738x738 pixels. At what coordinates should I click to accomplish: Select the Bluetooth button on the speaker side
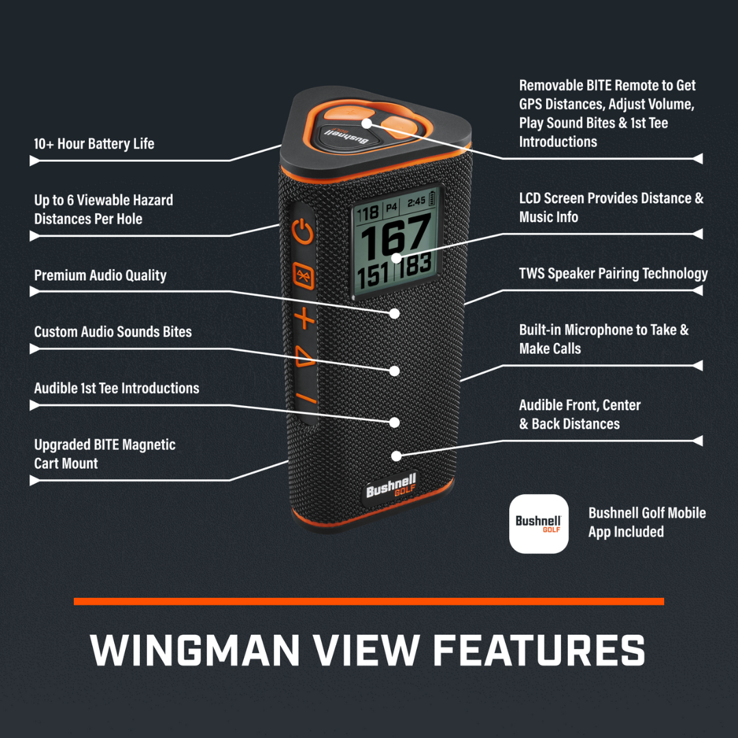click(303, 275)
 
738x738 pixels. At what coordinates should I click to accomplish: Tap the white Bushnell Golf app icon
click(538, 523)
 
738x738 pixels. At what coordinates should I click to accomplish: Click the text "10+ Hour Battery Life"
click(94, 144)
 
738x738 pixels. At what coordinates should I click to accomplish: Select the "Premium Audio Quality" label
click(100, 275)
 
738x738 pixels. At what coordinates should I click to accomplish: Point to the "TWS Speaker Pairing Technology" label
click(613, 274)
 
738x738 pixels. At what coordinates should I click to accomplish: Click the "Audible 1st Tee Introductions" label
click(117, 388)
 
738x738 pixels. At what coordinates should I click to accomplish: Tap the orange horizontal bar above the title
click(369, 601)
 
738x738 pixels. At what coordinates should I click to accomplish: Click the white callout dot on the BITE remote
click(367, 123)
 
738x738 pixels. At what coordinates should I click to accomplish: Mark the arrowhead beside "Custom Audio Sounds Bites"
click(35, 349)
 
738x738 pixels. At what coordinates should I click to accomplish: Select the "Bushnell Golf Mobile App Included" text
click(646, 522)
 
